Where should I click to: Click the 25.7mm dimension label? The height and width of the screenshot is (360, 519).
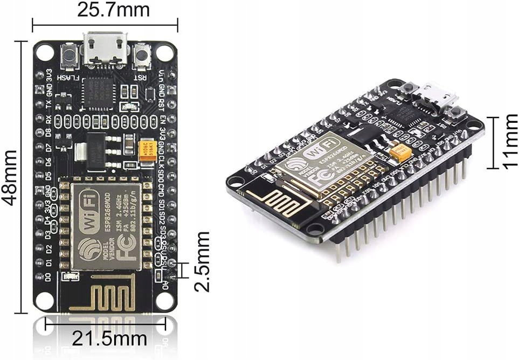(106, 10)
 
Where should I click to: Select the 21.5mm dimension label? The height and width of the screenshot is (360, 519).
(109, 339)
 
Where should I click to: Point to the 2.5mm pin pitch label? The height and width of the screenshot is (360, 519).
(202, 261)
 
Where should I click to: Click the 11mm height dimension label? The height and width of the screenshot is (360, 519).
(509, 141)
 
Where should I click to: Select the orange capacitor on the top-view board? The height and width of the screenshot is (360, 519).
(146, 151)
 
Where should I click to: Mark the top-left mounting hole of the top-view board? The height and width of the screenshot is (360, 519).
(45, 52)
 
